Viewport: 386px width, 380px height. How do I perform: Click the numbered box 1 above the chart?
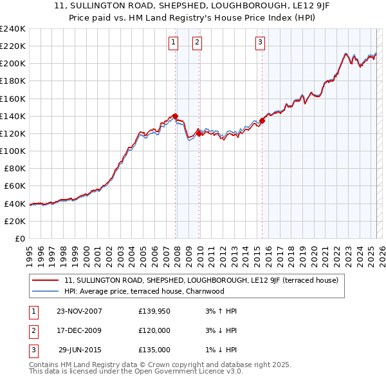[174, 43]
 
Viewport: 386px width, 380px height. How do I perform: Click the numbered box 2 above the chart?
[196, 43]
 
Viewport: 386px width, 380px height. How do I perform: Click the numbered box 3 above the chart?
[260, 43]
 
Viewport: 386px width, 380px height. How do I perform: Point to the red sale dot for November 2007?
[176, 116]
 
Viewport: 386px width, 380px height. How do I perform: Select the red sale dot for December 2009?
[199, 133]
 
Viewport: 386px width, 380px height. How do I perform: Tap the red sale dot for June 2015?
[262, 120]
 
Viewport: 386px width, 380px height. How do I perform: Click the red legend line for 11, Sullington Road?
[46, 280]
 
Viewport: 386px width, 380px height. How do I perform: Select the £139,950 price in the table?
[154, 311]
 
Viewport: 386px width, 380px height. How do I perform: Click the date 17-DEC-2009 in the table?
[79, 330]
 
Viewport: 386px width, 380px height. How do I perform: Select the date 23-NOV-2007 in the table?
[79, 311]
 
